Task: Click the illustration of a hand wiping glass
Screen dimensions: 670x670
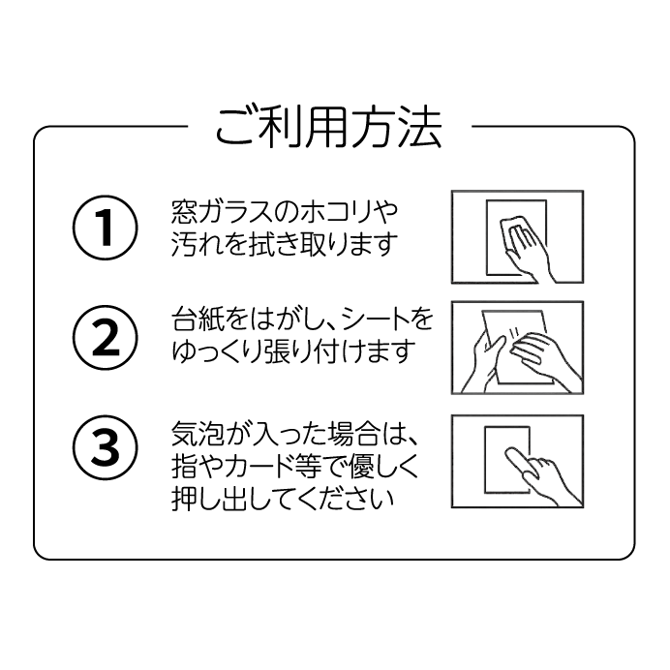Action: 517,236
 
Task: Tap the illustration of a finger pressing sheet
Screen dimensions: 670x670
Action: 517,461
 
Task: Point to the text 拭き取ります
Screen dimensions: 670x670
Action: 310,246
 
